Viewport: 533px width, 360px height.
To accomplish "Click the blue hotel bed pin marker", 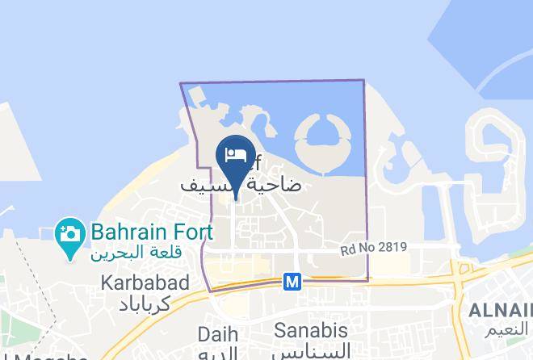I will tap(236, 158).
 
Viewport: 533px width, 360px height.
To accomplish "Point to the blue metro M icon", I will tap(292, 282).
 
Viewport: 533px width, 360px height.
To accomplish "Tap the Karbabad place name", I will tap(145, 283).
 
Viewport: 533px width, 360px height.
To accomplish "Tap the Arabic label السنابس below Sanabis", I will tap(312, 351).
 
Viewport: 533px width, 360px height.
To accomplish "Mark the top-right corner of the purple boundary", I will tap(363, 80).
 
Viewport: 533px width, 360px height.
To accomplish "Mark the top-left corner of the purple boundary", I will tap(180, 83).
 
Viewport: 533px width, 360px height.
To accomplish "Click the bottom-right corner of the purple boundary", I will tap(368, 280).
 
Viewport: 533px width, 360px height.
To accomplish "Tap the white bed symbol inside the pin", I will tap(236, 154).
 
